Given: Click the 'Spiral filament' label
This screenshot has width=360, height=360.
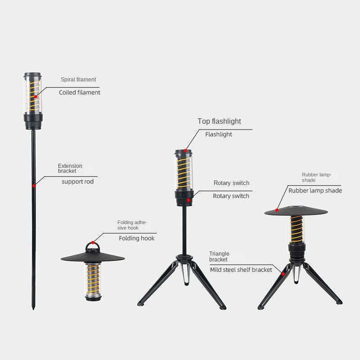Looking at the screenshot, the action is point(78,80).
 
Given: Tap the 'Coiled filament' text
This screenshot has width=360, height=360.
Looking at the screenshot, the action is point(80,92).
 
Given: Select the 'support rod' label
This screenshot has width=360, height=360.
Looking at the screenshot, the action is point(77,182).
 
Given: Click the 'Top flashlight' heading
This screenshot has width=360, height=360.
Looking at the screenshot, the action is point(219,121).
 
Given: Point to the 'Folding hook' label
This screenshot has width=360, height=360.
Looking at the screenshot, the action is point(137,238).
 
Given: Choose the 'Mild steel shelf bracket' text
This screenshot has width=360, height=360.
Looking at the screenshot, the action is point(241,270).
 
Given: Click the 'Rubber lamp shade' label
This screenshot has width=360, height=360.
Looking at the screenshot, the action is point(315,190).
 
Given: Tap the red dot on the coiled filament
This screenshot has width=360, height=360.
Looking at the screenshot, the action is point(36,97).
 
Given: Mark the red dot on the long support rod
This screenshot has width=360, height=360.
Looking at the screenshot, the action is point(34,185).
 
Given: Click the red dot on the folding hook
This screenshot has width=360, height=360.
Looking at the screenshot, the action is point(93,243).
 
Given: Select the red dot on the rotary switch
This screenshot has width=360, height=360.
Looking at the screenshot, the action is point(189,200).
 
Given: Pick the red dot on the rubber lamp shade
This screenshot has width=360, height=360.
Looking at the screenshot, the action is point(277,210).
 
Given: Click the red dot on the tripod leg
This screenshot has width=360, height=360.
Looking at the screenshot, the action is point(283,274).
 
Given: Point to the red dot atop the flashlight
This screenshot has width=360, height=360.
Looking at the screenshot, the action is point(185,151).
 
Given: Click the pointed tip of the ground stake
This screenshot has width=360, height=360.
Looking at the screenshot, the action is point(33,310).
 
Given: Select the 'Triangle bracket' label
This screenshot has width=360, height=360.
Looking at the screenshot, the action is point(219,256).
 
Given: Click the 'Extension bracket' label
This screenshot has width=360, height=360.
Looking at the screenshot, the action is point(70,168).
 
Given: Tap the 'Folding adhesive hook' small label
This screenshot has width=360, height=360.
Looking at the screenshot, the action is point(132,225).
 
